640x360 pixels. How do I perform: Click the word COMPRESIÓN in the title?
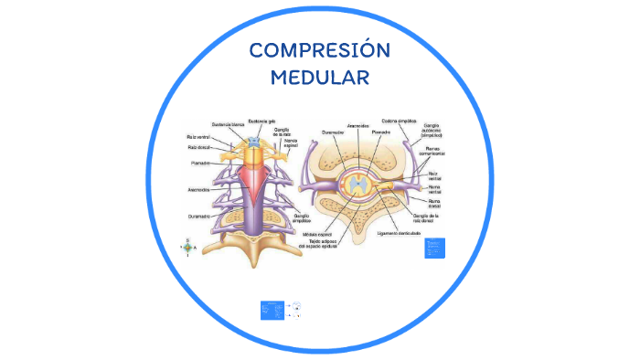pyautogui.click(x=319, y=50)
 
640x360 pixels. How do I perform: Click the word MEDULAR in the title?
pyautogui.click(x=319, y=77)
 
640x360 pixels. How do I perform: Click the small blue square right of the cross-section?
pyautogui.click(x=434, y=247)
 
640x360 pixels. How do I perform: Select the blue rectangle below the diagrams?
pyautogui.click(x=272, y=311)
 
